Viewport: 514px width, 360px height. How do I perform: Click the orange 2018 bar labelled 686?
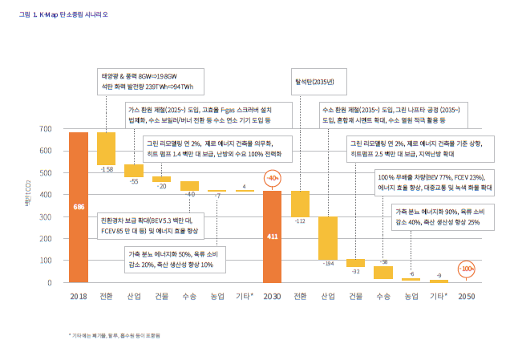(78, 207)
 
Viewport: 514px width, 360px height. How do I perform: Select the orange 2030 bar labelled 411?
(273, 237)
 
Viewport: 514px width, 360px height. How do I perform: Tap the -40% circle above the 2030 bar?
(273, 178)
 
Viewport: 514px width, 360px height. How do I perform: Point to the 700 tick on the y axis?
(45, 128)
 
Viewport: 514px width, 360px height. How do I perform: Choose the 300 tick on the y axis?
(45, 216)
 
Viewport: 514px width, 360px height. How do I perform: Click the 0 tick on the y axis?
(50, 282)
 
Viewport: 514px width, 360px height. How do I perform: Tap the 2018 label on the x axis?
(78, 297)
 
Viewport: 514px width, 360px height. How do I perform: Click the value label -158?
(106, 170)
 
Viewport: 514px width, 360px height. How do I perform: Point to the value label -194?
(328, 263)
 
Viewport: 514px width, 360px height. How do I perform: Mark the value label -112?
(300, 220)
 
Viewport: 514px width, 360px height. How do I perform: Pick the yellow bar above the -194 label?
(328, 237)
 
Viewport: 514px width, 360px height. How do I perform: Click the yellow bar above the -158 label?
(106, 148)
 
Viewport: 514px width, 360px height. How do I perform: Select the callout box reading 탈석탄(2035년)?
(309, 81)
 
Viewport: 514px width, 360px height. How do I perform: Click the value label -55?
(133, 181)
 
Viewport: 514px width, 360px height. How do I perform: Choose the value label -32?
(355, 271)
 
